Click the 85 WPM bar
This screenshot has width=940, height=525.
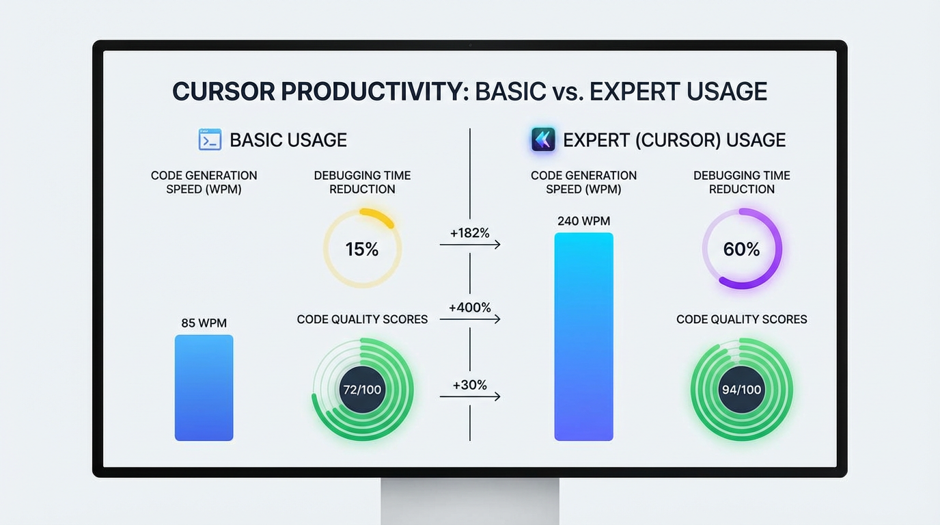point(204,388)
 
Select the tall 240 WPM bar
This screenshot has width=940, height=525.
point(583,336)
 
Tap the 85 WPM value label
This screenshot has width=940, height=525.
point(204,323)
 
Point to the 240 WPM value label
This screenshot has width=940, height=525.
point(583,221)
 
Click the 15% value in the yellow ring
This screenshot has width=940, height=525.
point(362,250)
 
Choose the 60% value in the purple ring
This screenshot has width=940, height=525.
point(741,250)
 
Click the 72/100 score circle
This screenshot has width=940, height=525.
point(362,390)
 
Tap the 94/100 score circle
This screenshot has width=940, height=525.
point(741,390)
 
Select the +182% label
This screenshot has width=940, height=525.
point(469,233)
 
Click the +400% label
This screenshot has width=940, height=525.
point(469,308)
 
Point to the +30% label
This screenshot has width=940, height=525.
point(469,385)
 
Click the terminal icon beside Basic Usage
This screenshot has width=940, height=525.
point(210,139)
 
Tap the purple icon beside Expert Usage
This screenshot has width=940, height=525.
point(543,139)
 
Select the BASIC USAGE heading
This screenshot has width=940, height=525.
point(288,140)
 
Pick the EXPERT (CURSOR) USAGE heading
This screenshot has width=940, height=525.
point(674,140)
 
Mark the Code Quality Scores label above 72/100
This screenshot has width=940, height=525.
point(362,319)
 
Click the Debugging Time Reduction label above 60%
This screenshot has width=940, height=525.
point(741,182)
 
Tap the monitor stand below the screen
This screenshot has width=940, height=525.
point(469,500)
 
